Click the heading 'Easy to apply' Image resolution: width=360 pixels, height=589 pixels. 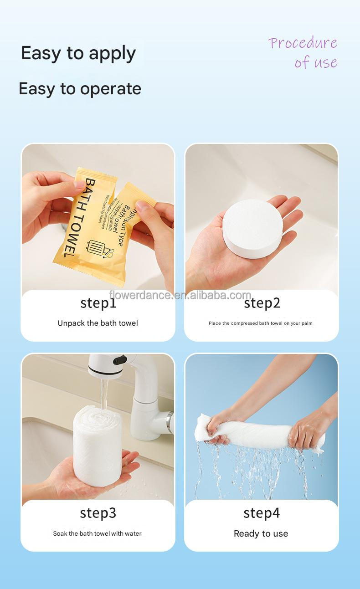pos(78,54)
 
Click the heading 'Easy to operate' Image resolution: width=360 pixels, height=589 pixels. pos(80,88)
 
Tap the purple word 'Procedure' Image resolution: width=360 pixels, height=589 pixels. pos(303,43)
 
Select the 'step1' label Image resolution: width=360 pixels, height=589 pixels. pos(98,303)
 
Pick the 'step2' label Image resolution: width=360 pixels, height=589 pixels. pos(262,303)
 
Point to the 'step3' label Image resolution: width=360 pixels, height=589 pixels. pos(98,513)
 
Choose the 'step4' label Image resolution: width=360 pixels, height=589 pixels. pos(262,513)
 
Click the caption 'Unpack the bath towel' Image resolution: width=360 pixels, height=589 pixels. pos(98,323)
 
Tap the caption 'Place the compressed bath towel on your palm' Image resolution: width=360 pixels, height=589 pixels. pos(261,323)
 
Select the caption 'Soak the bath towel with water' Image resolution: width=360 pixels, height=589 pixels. pos(97,533)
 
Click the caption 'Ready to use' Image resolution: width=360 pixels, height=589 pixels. pos(261,533)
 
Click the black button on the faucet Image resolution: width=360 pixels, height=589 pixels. pos(120,360)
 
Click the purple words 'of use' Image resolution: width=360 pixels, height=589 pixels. pos(316,62)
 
